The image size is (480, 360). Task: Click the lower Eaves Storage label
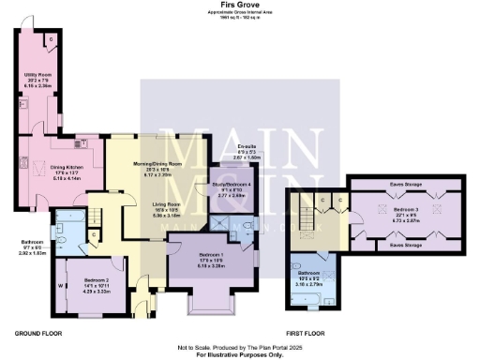pos(407,246)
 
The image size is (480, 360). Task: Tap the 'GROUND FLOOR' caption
pos(38,333)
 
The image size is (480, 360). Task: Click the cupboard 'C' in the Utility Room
pos(50,39)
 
